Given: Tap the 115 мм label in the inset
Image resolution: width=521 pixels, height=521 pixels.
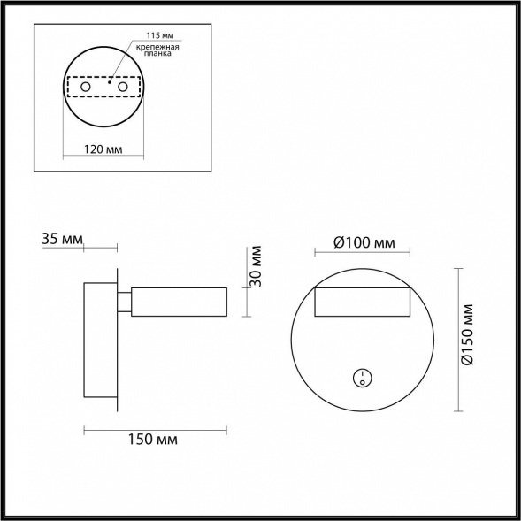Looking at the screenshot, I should point(145,36).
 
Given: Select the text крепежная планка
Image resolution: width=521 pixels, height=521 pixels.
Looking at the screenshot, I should point(157,51).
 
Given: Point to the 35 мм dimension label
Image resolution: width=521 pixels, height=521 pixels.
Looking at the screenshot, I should point(62,239).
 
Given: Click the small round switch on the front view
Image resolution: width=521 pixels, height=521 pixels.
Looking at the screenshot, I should point(362,378).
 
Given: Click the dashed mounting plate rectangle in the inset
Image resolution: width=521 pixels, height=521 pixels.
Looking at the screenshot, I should point(104,88).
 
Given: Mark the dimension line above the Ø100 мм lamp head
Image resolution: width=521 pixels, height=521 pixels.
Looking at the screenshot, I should point(364,255).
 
